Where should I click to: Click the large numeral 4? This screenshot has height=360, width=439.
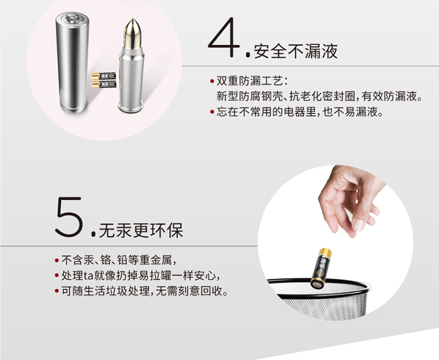click(x=224, y=37)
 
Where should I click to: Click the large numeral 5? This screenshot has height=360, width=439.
click(x=70, y=217)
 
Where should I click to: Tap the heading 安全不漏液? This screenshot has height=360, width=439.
click(x=296, y=52)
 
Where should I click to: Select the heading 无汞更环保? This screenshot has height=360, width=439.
click(x=141, y=231)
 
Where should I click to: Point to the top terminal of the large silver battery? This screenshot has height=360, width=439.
click(x=72, y=18)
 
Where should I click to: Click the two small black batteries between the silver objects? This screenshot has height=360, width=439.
click(x=104, y=80)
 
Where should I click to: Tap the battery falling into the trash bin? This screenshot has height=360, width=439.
click(x=321, y=268)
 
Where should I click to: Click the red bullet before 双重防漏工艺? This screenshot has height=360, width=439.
click(x=212, y=81)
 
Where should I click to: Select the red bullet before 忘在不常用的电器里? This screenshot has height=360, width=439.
click(x=212, y=112)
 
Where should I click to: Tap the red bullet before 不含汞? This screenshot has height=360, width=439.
click(x=57, y=260)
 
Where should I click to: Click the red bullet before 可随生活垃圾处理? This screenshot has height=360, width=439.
click(x=57, y=291)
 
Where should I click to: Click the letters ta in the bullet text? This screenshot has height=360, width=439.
click(x=88, y=276)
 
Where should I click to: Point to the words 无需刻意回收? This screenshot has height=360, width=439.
click(x=192, y=291)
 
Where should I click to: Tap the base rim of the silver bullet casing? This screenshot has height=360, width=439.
click(x=130, y=108)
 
